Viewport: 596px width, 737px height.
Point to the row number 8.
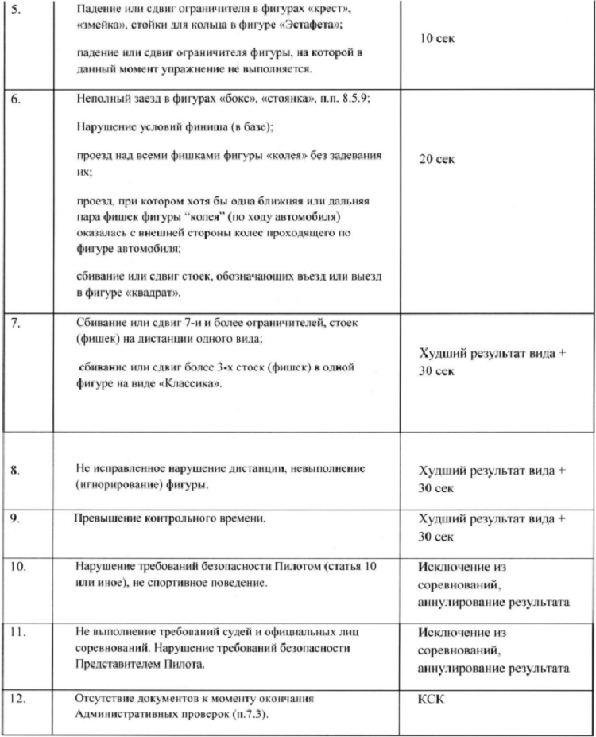pyautogui.click(x=16, y=471)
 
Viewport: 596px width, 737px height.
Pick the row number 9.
pyautogui.click(x=16, y=519)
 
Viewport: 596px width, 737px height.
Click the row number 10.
pyautogui.click(x=19, y=566)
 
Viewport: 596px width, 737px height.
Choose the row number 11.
pyautogui.click(x=19, y=633)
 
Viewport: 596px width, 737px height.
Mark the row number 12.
pyautogui.click(x=19, y=699)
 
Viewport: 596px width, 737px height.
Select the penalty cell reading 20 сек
pyautogui.click(x=436, y=159)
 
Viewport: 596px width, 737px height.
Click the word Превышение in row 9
pyautogui.click(x=107, y=518)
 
